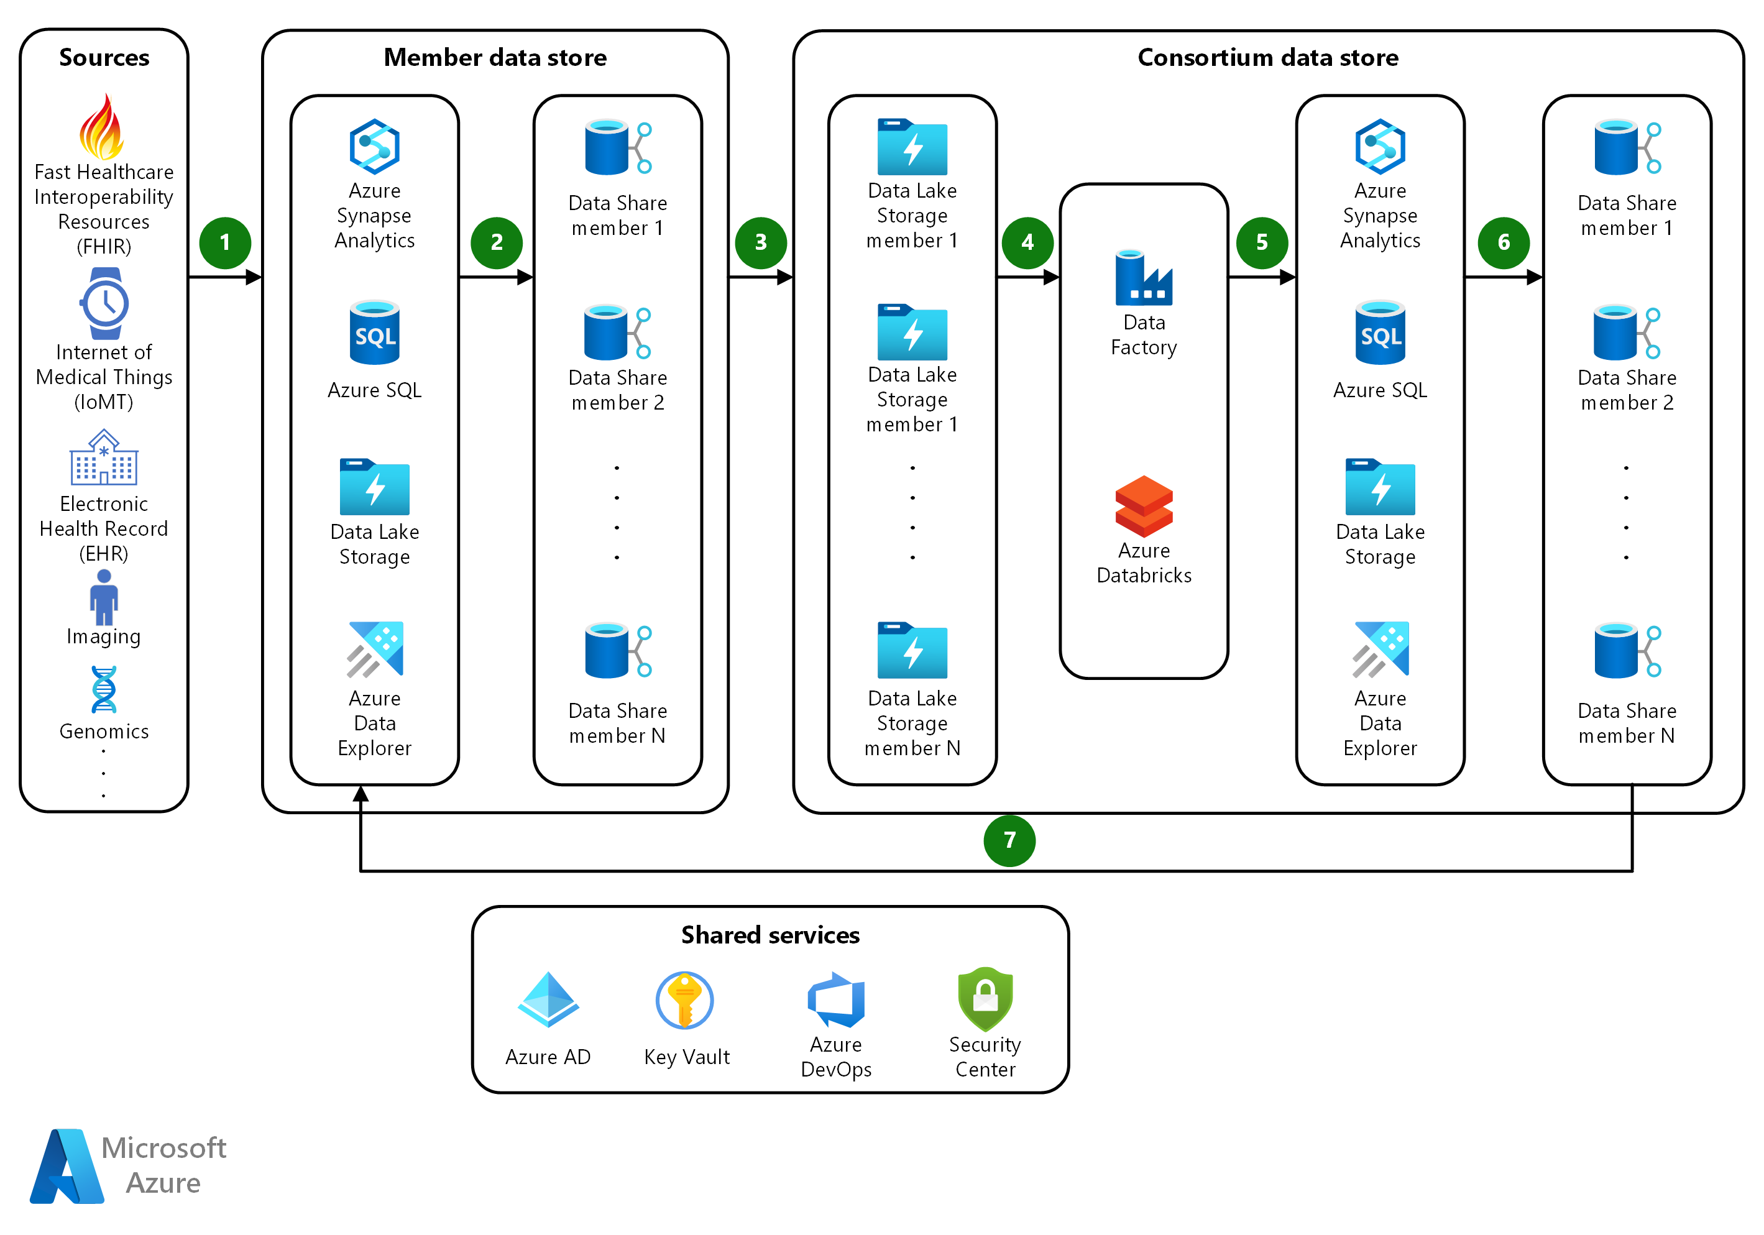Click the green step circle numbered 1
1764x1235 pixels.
coord(224,242)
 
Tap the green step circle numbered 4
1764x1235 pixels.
coord(1027,242)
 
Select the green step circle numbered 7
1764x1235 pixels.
coord(1009,840)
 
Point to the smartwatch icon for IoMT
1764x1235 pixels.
coord(104,303)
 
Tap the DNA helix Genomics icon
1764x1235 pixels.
coord(104,690)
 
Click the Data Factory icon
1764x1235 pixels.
coord(1143,277)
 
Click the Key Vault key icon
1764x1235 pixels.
coord(684,1000)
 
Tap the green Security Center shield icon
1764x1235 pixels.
coord(985,998)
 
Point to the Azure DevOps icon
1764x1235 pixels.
coord(836,999)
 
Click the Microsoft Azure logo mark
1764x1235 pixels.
coord(68,1166)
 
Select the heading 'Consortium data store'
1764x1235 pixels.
coord(1268,58)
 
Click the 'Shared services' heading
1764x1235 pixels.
coord(770,935)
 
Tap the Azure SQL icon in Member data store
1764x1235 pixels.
coord(374,333)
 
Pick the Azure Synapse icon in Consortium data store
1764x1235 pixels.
coord(1380,146)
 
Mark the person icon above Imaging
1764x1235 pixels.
coord(104,597)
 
